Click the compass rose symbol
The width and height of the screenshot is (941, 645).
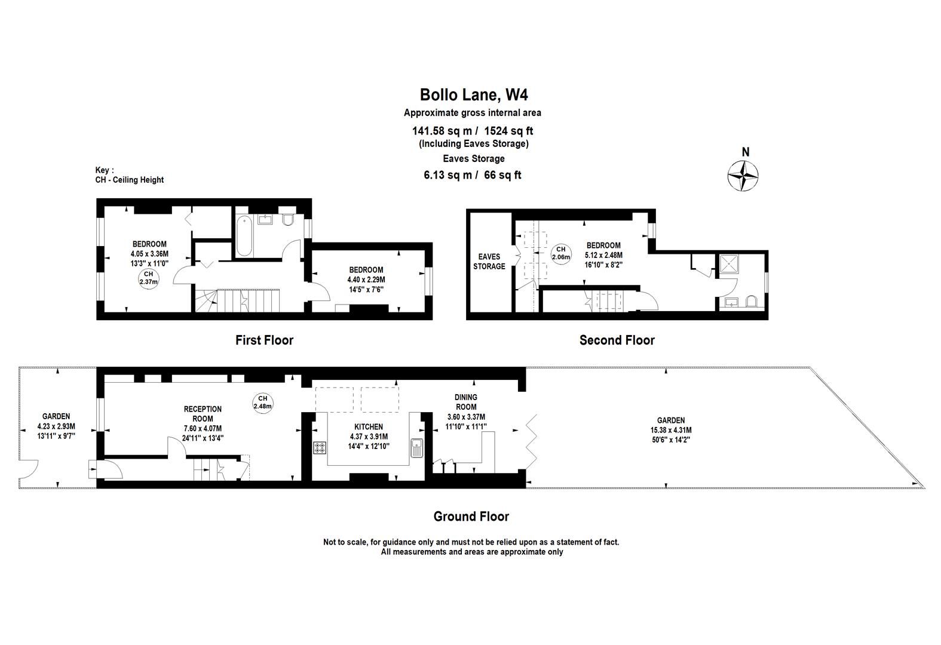743,175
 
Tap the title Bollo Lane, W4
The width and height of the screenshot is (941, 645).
474,94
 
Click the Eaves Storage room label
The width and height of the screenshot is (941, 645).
489,261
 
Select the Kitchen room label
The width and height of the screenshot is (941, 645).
369,426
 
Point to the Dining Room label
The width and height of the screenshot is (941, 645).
466,402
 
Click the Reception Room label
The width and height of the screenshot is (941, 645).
203,414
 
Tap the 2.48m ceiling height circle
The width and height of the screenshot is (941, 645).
262,403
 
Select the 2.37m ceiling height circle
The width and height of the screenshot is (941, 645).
148,278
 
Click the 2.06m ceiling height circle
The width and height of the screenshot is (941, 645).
561,254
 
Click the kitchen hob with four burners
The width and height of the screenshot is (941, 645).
320,447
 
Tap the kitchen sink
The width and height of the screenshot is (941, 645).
417,448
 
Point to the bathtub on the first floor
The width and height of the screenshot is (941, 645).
244,235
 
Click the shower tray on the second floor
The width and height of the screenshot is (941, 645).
729,264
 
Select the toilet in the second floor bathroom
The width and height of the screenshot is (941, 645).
750,302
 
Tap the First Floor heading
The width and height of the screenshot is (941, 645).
264,340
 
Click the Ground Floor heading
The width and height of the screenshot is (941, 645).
471,516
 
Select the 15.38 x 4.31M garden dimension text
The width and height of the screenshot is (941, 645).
671,430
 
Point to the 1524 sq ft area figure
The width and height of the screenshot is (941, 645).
508,131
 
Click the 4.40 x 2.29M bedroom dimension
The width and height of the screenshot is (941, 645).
366,279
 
